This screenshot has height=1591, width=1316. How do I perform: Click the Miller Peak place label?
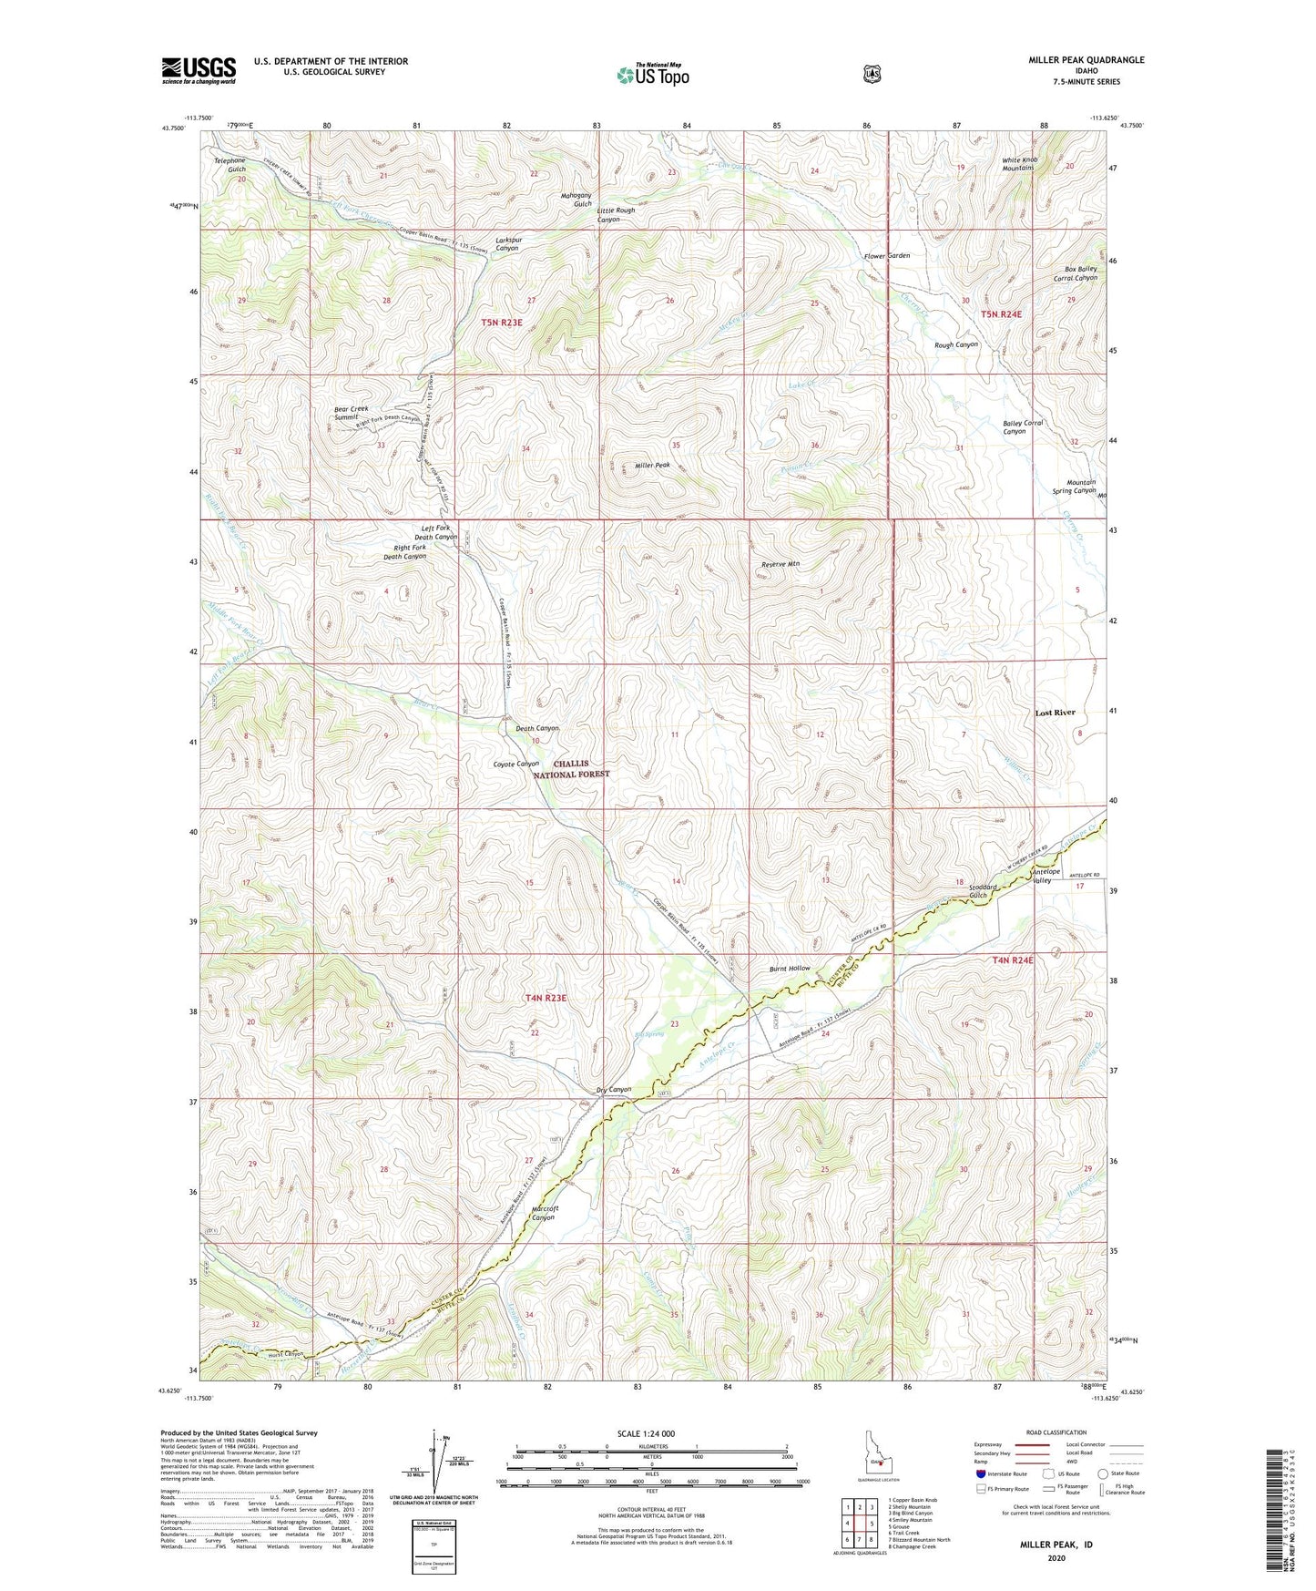click(652, 466)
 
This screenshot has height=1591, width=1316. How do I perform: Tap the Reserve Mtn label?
click(780, 564)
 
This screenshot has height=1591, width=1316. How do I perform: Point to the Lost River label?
click(1055, 713)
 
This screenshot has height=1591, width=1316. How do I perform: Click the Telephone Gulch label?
click(230, 165)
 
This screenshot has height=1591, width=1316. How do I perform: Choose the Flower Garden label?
click(887, 256)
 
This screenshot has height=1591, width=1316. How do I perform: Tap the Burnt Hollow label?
click(788, 968)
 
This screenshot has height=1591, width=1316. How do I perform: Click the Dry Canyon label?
click(613, 1090)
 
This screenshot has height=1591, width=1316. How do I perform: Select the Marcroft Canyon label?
click(544, 1213)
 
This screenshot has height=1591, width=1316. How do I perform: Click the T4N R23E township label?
click(546, 998)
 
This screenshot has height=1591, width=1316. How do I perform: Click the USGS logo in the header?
click(199, 70)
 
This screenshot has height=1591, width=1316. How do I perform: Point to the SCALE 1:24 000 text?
click(646, 1433)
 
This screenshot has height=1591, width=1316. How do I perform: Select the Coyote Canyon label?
click(515, 764)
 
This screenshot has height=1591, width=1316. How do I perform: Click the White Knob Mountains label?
click(1018, 164)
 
